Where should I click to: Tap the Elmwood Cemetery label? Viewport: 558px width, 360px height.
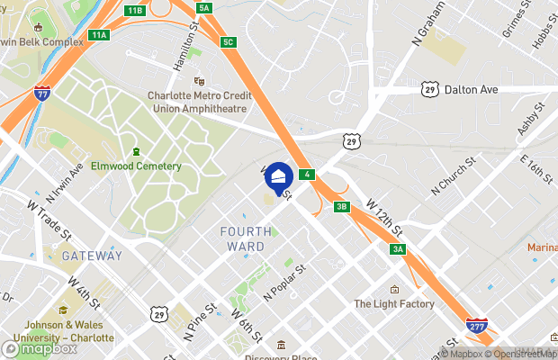pos(136,166)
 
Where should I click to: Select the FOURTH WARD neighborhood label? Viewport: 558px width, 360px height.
pos(243,238)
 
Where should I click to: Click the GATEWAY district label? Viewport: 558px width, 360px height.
pos(92,256)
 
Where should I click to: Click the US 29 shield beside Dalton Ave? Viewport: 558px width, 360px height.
pos(429,89)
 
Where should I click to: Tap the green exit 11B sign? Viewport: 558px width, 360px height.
pos(134,10)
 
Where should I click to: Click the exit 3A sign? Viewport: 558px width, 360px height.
pos(397,249)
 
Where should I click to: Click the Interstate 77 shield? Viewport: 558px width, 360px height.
pos(41,92)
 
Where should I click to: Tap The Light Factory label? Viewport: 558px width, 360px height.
pos(394,304)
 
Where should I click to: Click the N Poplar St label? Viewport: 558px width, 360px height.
pos(285,282)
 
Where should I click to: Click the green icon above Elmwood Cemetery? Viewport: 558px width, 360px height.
pos(136,151)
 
